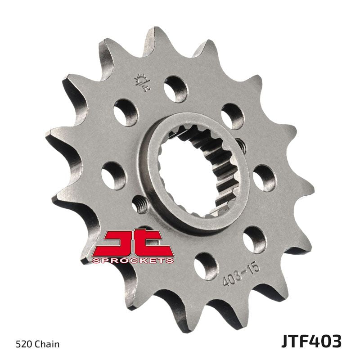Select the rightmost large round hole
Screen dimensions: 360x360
(x=262, y=178)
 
